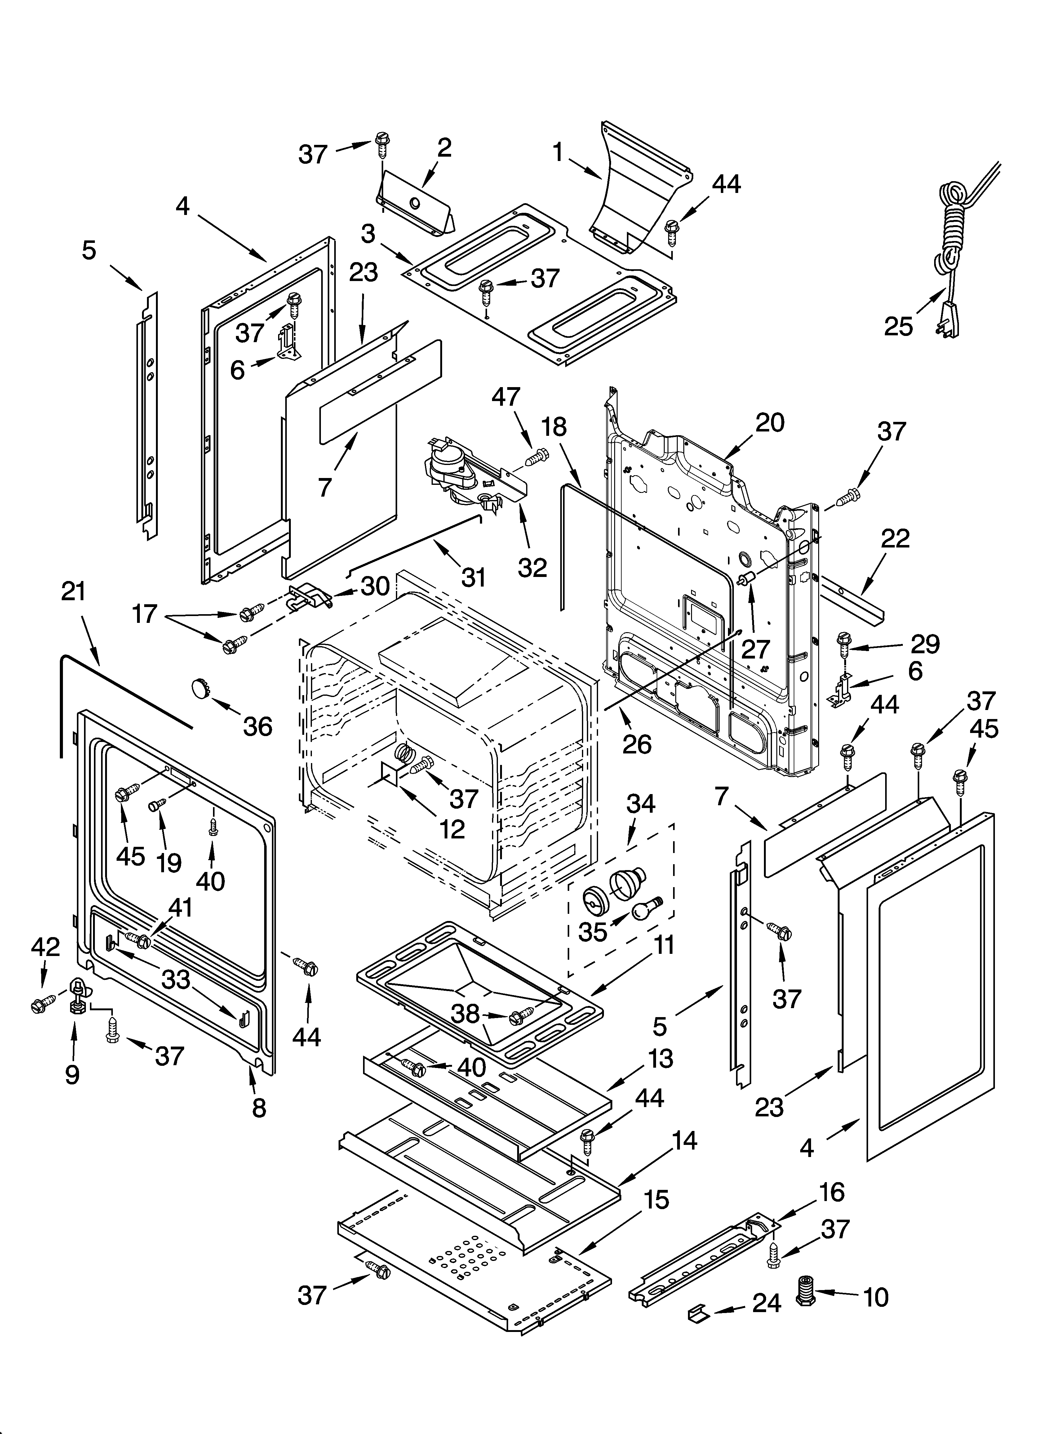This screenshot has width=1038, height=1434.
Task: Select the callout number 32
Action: (x=532, y=567)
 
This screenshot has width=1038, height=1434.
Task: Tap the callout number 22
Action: (x=895, y=538)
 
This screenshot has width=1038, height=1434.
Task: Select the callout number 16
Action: (x=832, y=1192)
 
